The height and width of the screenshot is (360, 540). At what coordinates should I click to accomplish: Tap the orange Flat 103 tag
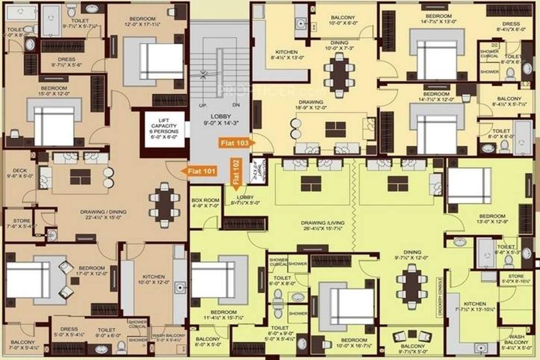pyautogui.click(x=236, y=141)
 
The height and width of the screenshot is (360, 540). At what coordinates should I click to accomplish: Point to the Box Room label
pyautogui.click(x=202, y=203)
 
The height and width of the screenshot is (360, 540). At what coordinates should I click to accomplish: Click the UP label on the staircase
pyautogui.click(x=202, y=105)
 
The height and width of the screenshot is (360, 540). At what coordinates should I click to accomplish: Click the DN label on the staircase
pyautogui.click(x=236, y=105)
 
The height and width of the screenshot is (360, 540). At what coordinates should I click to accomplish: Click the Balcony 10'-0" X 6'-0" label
pyautogui.click(x=343, y=20)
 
